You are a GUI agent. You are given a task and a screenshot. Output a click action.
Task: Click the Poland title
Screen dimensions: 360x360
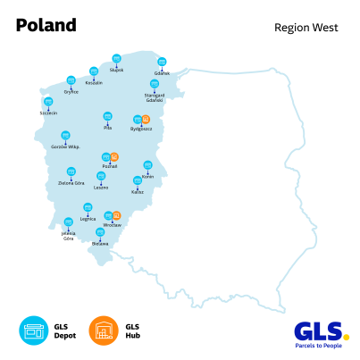46,25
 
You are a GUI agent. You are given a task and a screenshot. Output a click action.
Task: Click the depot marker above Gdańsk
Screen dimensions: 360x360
162,63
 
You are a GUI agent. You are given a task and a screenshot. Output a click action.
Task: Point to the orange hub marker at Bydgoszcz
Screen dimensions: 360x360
146,119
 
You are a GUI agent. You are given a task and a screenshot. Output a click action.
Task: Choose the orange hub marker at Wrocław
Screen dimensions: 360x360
117,215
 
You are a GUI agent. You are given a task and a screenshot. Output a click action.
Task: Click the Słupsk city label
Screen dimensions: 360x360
116,69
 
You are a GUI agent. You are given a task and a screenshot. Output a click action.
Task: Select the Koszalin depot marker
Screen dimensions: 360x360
94,71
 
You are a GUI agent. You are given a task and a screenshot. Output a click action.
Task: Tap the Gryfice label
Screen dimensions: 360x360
71,92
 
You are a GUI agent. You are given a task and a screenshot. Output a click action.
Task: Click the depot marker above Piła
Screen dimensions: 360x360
107,116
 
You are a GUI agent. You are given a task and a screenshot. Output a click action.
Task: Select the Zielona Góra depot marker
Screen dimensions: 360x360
71,172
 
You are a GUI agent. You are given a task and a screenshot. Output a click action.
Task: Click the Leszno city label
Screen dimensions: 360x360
101,188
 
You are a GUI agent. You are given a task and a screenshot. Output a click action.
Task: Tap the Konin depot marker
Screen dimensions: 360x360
147,165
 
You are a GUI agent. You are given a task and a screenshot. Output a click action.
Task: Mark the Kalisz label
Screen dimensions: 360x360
138,191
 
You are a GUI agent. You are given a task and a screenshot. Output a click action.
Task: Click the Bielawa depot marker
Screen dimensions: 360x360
100,232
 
